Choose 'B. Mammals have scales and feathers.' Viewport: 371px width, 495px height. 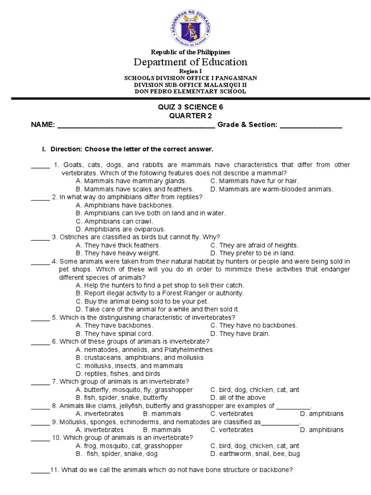[x=135, y=189]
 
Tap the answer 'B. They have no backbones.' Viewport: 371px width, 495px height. [x=254, y=325]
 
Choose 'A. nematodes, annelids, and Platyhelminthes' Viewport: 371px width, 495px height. [x=144, y=349]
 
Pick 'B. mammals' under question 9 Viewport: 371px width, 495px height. [x=162, y=430]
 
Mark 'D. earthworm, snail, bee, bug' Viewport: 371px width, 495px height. [x=255, y=454]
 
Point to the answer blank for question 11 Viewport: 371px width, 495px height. [x=41, y=470]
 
